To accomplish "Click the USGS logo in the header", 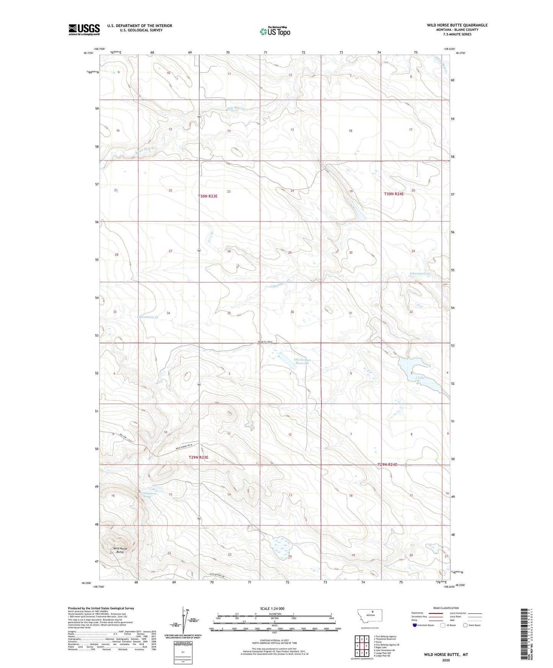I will [x=84, y=29].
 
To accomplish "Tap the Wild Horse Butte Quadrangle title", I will [x=457, y=25].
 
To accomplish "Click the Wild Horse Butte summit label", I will [x=120, y=550].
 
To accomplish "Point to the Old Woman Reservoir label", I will [x=302, y=361].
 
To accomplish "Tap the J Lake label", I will [x=420, y=378].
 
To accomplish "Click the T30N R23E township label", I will [x=207, y=196].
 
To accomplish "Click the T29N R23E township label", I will [x=198, y=457].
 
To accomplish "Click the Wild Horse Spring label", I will [x=150, y=494].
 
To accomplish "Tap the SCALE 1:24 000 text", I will [x=272, y=608].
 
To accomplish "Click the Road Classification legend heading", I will [x=446, y=608].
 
